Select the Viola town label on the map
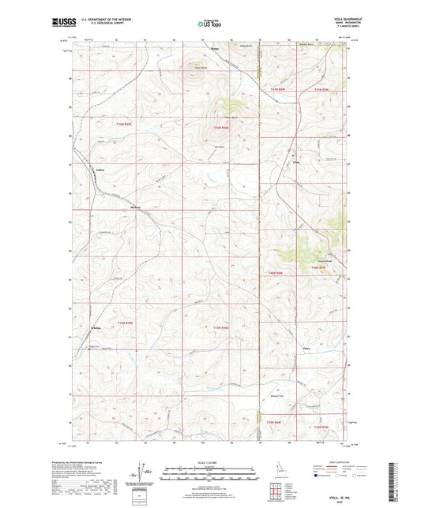click(x=297, y=163)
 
